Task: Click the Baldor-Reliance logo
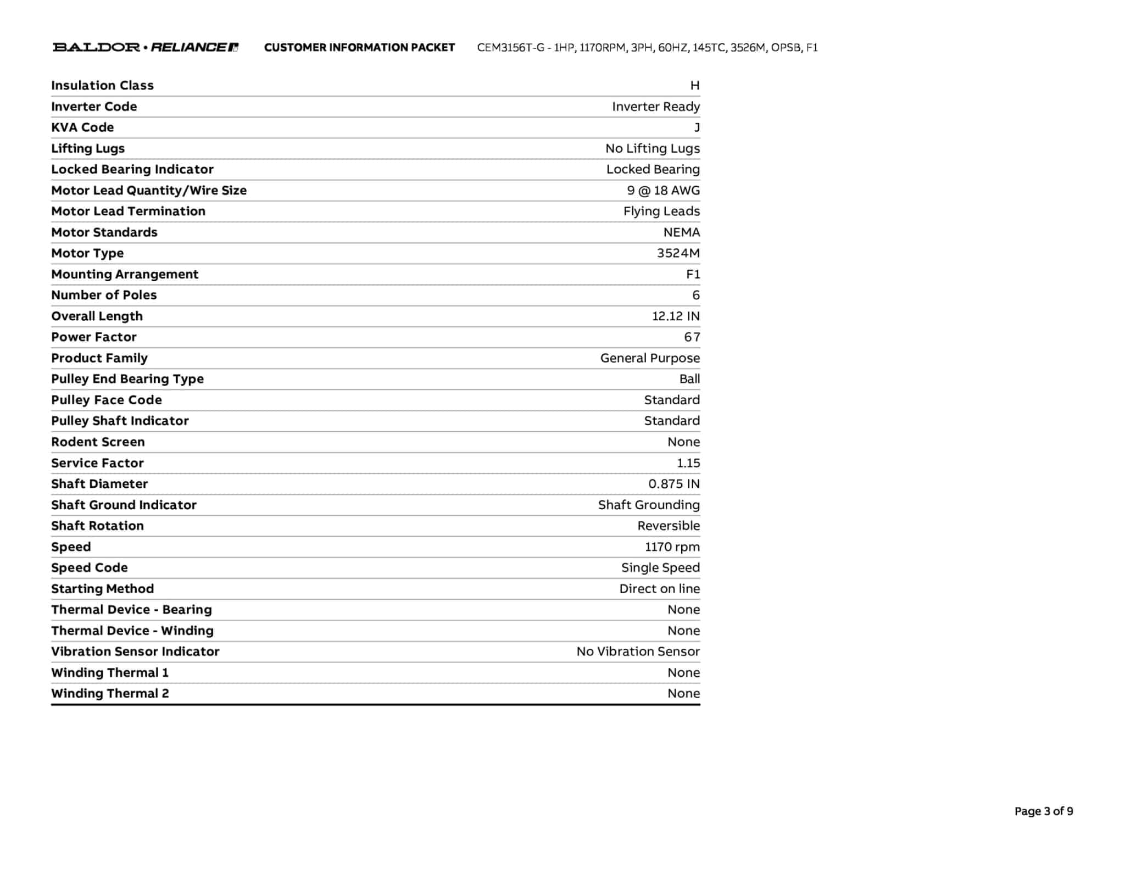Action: pos(145,47)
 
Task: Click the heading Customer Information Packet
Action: pos(359,47)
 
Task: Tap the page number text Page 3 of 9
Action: pos(1043,811)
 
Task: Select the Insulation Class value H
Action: pos(694,85)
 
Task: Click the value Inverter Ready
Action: pos(655,106)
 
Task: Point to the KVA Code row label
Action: pos(82,127)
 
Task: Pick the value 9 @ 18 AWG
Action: pos(663,190)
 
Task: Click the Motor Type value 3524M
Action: pos(678,253)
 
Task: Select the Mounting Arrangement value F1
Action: pos(693,274)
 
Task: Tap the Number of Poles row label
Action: pos(104,295)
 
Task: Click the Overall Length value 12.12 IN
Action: pos(675,316)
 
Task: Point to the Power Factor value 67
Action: pos(692,337)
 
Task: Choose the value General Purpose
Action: pos(650,358)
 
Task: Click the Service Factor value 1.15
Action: pos(688,463)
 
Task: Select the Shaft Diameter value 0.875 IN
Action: pos(673,483)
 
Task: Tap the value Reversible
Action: pos(668,526)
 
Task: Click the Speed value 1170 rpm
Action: pos(672,547)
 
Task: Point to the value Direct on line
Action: pos(659,588)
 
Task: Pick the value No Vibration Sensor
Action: pos(638,651)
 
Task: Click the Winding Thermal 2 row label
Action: pos(110,693)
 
